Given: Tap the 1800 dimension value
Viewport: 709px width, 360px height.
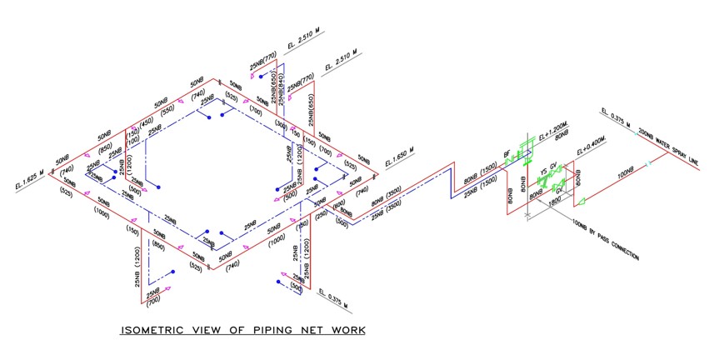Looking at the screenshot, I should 554,201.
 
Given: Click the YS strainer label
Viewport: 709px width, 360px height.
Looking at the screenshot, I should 543,176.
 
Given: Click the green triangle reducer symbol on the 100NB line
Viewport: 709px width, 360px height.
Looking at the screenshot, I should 582,200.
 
